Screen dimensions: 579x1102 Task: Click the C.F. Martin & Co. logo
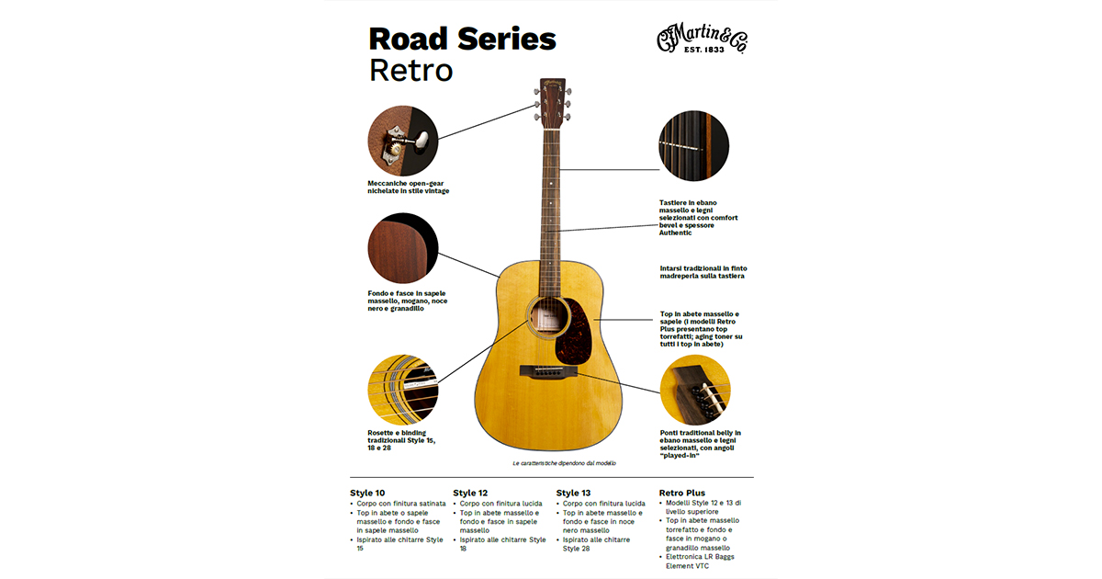(x=701, y=40)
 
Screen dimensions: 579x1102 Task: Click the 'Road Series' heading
(x=462, y=40)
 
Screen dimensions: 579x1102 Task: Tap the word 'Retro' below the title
(x=410, y=70)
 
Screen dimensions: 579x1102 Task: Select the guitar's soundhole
(x=547, y=318)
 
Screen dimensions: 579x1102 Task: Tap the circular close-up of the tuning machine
(x=402, y=141)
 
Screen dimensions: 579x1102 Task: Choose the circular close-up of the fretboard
(x=693, y=144)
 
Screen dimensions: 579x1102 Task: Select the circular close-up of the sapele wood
(x=402, y=250)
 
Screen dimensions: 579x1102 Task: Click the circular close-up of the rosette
(x=402, y=389)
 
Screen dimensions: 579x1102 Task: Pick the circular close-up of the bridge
(x=695, y=390)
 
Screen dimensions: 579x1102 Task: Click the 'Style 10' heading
(x=367, y=493)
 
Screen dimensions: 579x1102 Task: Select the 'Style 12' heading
(x=470, y=493)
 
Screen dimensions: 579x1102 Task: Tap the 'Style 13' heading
(x=574, y=493)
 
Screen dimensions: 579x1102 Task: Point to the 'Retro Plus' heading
(x=682, y=493)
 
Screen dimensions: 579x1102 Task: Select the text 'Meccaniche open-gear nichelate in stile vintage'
(x=409, y=187)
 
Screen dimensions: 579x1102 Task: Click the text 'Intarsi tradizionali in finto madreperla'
(x=703, y=272)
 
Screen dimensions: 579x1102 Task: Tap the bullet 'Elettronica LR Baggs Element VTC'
(x=700, y=561)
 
